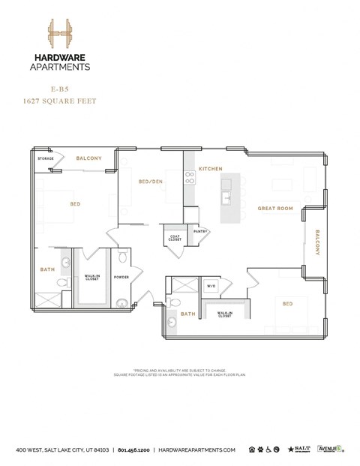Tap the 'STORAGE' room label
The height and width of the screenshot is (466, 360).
[x=46, y=159]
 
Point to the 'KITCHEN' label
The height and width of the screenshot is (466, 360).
[x=209, y=170]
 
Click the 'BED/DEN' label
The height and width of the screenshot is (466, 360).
[x=150, y=182]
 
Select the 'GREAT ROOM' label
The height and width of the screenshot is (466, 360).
[x=274, y=208]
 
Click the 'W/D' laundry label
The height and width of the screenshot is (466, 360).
[x=212, y=286]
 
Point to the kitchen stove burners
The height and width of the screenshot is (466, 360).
[x=190, y=179]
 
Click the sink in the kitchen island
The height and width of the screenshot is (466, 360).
[x=226, y=199]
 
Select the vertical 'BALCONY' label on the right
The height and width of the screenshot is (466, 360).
[x=317, y=242]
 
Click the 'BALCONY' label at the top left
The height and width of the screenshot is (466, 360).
[x=88, y=158]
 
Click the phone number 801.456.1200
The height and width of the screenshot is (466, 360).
[x=133, y=449]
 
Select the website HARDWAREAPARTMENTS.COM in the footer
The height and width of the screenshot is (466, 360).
[x=197, y=449]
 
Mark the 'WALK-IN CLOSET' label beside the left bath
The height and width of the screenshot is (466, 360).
[x=92, y=277]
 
